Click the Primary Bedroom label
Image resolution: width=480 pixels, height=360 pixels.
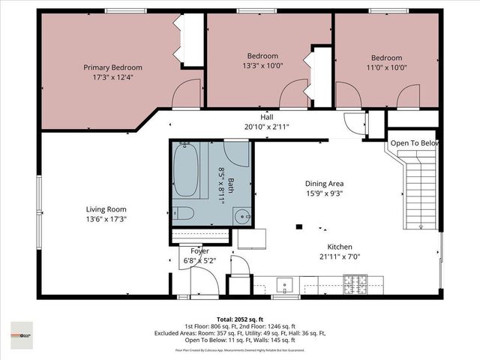[112, 67]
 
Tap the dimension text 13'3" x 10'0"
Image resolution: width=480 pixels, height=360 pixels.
[262, 65]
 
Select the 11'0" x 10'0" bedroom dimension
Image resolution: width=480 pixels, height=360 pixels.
[386, 67]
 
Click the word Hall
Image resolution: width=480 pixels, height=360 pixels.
[266, 117]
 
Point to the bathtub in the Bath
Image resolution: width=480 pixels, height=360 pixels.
[185, 169]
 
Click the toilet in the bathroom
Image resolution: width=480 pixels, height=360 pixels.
[185, 214]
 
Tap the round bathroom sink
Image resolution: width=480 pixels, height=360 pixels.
[241, 216]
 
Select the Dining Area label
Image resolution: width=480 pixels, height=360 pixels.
[324, 183]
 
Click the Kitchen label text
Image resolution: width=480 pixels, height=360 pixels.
[339, 247]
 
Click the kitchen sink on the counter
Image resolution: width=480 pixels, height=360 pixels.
[284, 285]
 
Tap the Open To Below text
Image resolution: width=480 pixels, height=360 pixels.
[413, 142]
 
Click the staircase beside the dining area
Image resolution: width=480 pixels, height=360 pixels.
[415, 187]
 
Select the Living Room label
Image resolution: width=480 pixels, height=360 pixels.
[105, 209]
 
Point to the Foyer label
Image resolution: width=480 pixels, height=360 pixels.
[199, 250]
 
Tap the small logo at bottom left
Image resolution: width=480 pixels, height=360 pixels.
[22, 331]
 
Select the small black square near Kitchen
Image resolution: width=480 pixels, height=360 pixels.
[298, 226]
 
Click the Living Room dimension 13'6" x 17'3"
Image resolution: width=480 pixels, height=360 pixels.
[105, 219]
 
